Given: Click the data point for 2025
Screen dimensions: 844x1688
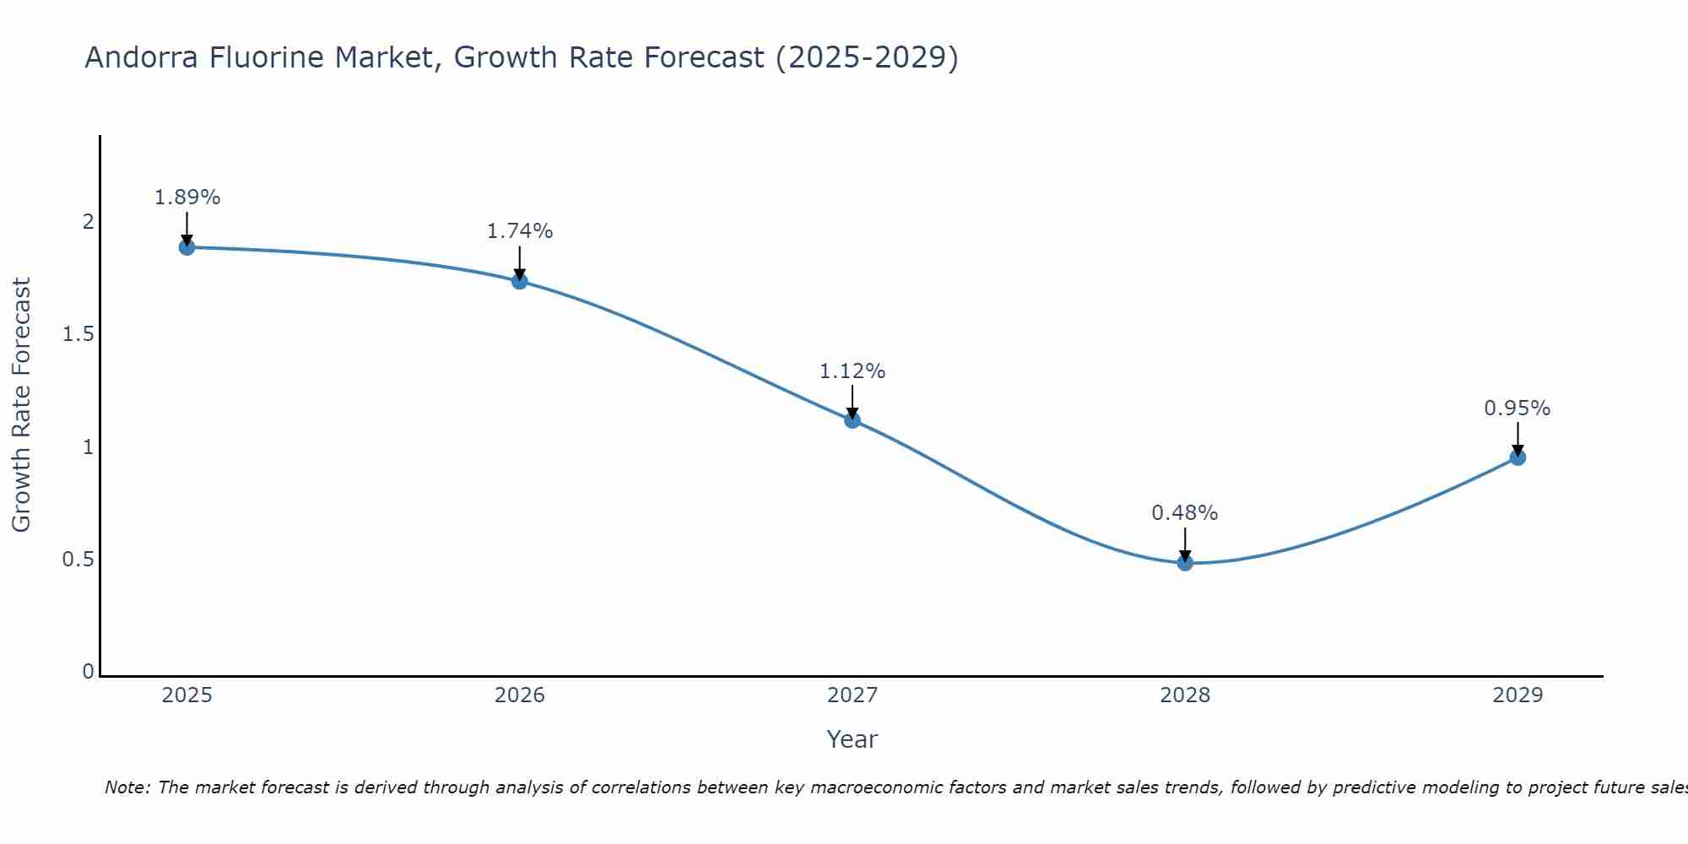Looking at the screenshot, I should coord(187,247).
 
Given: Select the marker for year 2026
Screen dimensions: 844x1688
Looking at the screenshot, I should coord(520,281).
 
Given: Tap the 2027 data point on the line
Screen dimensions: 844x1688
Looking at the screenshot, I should coord(852,419).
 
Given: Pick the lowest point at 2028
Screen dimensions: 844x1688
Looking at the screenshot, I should coord(1185,563).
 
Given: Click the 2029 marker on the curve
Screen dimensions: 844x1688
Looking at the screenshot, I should coord(1518,457).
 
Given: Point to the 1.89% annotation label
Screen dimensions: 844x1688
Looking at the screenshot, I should coord(187,197).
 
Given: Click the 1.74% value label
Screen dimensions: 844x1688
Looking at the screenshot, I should coord(520,231).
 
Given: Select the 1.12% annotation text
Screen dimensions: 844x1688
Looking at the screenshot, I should coord(852,371).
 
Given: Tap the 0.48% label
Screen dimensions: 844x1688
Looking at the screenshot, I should coord(1185,513).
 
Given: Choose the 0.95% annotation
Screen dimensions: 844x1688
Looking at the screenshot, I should coord(1518,408).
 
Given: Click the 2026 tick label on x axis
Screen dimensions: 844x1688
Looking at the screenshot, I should coord(520,695).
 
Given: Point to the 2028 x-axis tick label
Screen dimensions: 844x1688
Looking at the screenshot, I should coord(1185,695).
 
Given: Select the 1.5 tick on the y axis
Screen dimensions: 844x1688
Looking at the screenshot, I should coord(78,335).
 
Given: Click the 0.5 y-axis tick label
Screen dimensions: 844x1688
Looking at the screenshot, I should coord(78,560).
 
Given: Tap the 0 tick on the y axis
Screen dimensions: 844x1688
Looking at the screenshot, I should coord(88,672).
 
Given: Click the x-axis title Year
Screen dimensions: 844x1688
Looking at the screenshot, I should coord(852,739).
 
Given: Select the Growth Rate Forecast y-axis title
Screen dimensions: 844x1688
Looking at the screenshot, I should coord(22,405).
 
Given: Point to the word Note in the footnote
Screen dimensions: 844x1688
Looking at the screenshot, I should coord(127,787).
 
